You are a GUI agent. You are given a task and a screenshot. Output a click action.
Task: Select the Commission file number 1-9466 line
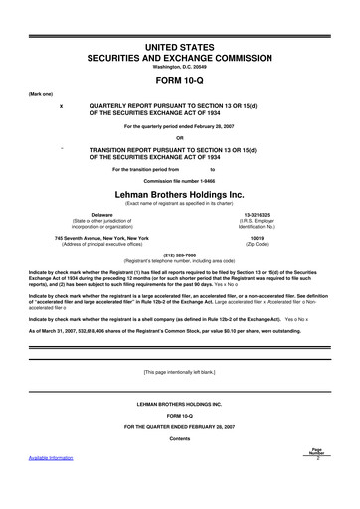[x=180, y=179]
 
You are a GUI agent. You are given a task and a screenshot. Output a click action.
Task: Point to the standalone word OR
[x=180, y=137]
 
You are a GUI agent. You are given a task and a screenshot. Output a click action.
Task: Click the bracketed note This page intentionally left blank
[x=180, y=399]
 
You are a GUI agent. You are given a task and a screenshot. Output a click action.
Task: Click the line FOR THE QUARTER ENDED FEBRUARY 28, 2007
[x=180, y=452]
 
